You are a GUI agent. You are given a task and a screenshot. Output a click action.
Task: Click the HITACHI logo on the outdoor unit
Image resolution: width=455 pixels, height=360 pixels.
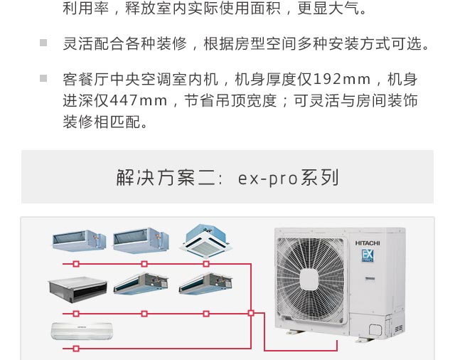click(368, 243)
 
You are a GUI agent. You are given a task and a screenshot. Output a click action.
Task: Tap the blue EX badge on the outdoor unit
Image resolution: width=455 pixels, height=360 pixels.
click(368, 255)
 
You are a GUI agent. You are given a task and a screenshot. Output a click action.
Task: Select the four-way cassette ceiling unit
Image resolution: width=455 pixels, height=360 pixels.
click(205, 241)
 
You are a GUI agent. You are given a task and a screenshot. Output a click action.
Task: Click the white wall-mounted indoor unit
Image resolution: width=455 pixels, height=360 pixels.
click(82, 331)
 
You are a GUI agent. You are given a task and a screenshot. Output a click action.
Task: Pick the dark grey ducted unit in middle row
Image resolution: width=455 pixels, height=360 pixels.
click(77, 290)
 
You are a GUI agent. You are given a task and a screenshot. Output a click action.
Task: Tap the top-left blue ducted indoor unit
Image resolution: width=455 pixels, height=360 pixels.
click(79, 240)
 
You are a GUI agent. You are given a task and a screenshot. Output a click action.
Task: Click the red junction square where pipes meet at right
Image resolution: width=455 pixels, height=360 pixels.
click(251, 313)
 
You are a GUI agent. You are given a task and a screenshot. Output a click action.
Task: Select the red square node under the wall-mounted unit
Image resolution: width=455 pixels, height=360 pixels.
click(76, 349)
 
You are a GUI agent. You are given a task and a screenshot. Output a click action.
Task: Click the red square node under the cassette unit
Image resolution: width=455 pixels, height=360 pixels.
click(206, 264)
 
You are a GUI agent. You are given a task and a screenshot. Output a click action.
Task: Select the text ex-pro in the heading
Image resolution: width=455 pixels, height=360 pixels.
click(267, 178)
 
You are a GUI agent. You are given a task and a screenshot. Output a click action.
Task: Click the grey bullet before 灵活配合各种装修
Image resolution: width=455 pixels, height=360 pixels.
click(43, 43)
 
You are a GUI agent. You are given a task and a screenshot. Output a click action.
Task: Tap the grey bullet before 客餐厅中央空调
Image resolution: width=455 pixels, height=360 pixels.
click(43, 78)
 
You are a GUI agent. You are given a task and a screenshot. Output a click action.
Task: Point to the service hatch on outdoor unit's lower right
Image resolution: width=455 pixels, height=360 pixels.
click(375, 329)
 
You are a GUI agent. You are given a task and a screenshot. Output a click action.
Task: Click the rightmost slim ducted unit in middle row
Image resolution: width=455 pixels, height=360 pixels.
click(205, 283)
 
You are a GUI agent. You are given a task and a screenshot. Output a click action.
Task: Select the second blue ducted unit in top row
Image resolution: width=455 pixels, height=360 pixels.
click(141, 240)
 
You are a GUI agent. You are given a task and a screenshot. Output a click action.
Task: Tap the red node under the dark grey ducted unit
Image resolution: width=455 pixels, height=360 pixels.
click(76, 314)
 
